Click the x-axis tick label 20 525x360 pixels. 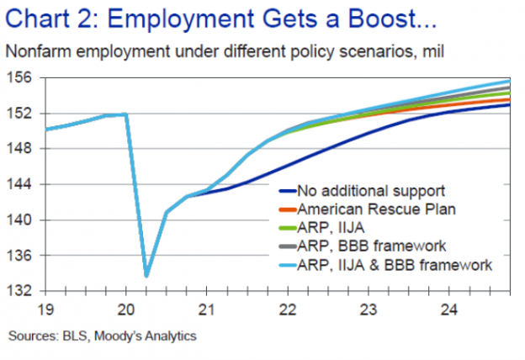tap(125, 308)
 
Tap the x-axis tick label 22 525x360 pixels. tap(288, 308)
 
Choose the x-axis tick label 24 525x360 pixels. tap(450, 308)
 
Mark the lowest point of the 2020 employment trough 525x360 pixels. tap(146, 276)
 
